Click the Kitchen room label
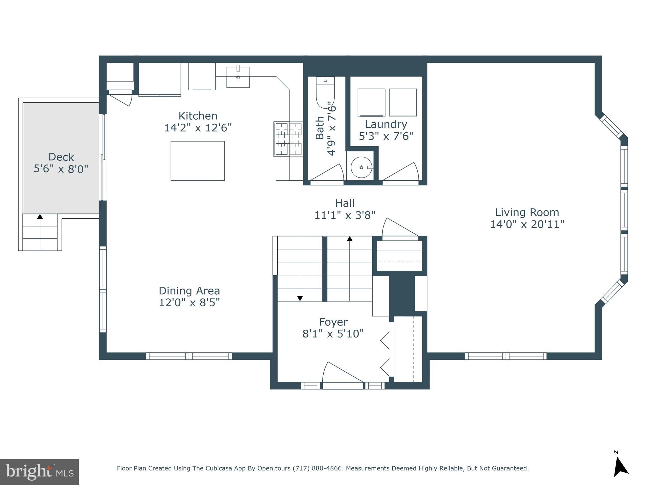198,116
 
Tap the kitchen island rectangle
197,161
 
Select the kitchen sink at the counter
238,77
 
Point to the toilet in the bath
325,92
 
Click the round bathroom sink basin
361,167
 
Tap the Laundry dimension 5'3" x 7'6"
386,136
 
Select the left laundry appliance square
371,102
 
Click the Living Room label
527,212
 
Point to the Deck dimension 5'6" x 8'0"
61,169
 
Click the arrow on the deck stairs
40,217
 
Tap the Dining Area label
189,290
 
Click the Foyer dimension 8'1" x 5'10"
333,333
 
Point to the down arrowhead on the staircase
300,298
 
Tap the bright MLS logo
39,472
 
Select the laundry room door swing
402,173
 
